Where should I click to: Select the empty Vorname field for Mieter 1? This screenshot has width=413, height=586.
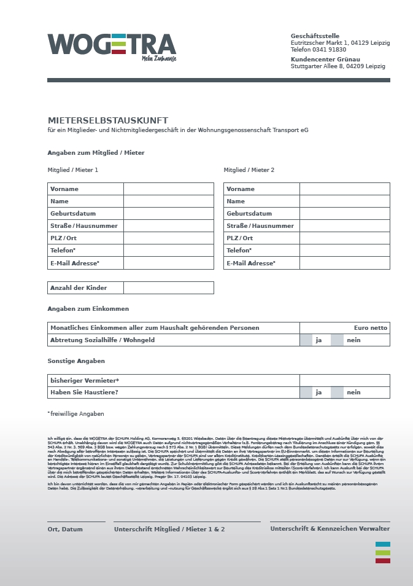tap(168, 189)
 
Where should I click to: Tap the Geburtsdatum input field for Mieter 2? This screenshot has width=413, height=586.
tap(344, 214)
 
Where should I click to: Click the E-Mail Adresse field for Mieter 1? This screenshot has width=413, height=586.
tap(168, 263)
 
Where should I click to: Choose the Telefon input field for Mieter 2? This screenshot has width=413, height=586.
tap(344, 251)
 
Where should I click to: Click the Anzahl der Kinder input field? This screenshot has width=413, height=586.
tap(168, 287)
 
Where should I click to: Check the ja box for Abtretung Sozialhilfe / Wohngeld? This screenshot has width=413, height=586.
tap(306, 340)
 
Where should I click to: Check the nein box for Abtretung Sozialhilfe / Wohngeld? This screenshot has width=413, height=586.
tap(337, 340)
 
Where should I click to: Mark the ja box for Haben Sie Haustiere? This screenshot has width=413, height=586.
tap(306, 393)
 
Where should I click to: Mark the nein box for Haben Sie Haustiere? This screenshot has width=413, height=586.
tap(337, 393)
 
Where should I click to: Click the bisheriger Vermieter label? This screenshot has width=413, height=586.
tap(85, 380)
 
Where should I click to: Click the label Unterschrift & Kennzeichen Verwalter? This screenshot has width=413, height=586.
tap(330, 529)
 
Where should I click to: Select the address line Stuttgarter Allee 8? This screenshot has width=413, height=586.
tap(338, 66)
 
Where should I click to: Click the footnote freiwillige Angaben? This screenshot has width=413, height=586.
tap(76, 414)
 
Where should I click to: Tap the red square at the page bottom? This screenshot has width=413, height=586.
tap(382, 560)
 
